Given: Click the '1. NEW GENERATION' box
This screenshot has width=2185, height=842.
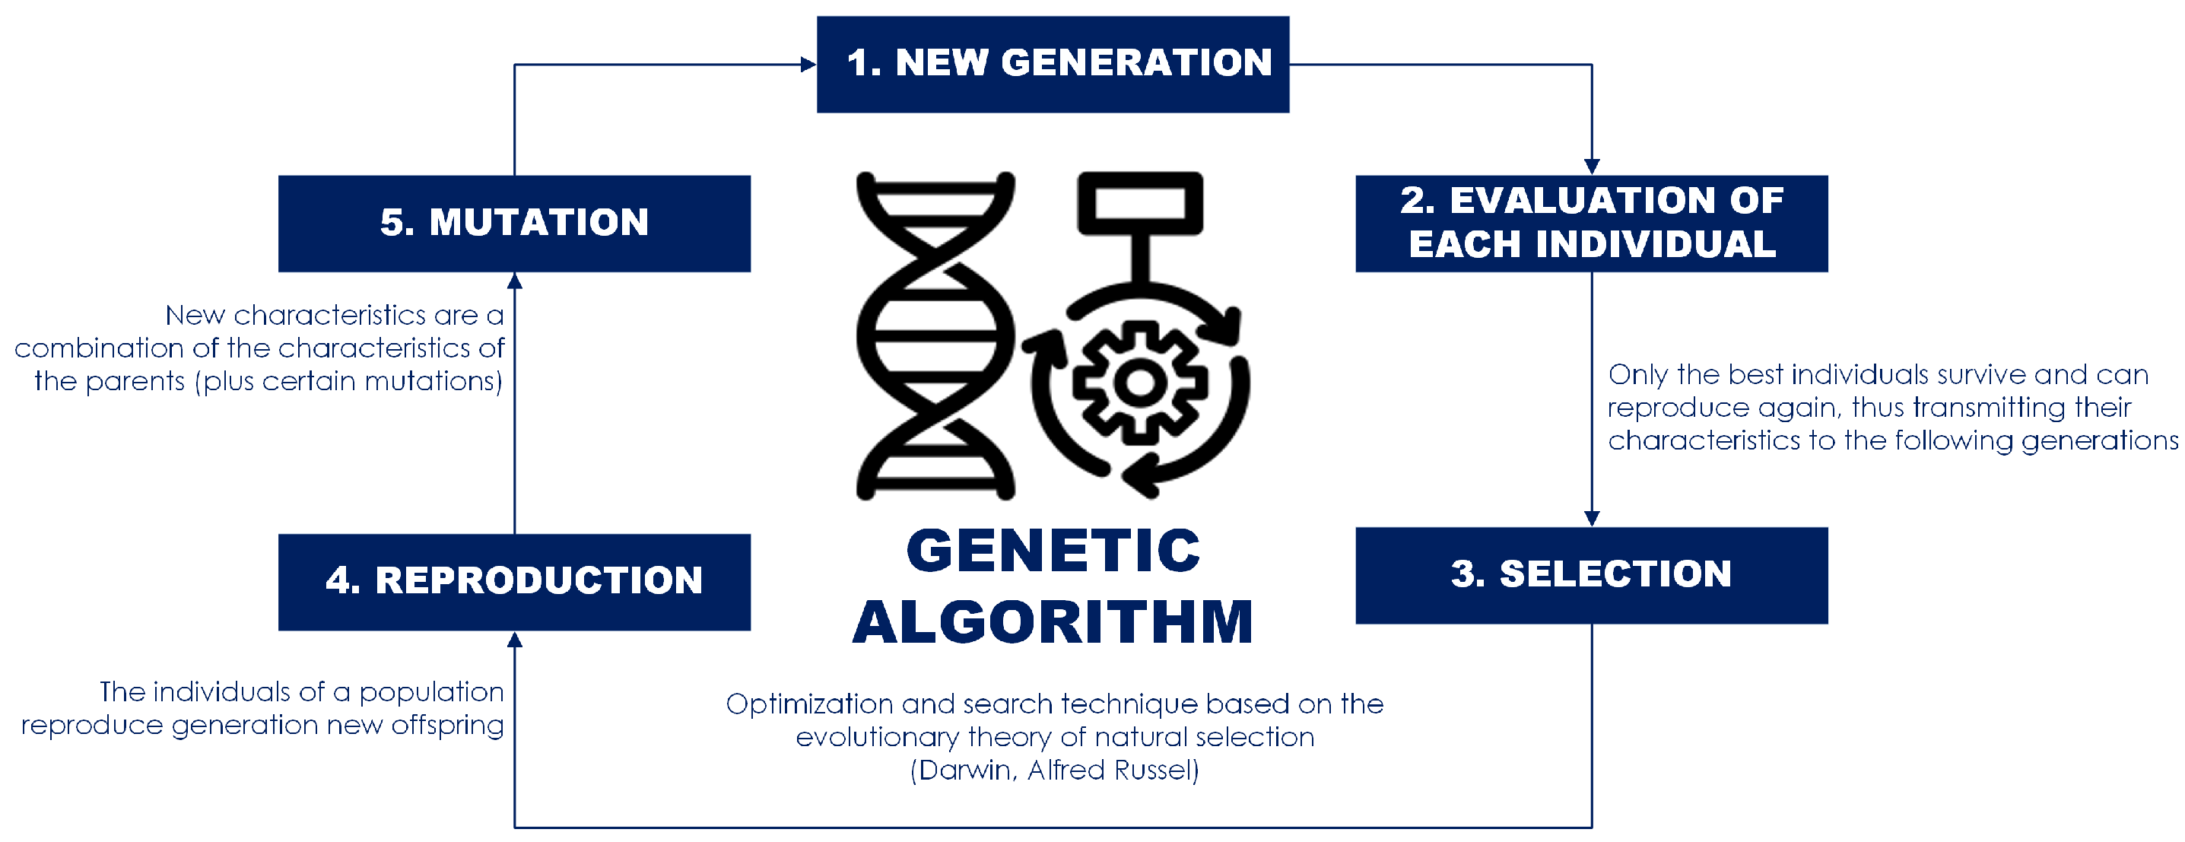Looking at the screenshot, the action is (1053, 65).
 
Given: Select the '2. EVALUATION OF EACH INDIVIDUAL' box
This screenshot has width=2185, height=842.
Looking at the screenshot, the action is (1591, 224).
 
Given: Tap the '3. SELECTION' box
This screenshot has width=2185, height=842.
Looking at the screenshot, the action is (1591, 576).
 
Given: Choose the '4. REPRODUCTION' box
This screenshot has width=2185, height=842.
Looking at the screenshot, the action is (514, 583).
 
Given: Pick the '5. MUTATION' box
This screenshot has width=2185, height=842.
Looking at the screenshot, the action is (514, 224).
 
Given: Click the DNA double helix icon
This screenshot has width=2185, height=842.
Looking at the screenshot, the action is (935, 335).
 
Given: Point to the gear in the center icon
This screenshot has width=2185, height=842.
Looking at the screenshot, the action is (1139, 383).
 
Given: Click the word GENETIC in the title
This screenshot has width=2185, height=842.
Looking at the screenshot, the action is (1053, 551).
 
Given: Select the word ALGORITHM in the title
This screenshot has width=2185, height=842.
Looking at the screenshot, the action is (1053, 621).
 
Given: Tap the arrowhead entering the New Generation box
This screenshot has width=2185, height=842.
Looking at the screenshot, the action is (808, 65).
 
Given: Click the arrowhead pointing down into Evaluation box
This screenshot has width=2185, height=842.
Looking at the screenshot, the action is (1591, 167).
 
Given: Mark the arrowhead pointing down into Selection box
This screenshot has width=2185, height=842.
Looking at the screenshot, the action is (1591, 519).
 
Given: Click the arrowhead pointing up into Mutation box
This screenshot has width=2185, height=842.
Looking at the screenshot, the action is (514, 281).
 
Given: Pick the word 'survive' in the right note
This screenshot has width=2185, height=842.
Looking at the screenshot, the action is (1971, 375).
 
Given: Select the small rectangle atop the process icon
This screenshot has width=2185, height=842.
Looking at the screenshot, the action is (1139, 204).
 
